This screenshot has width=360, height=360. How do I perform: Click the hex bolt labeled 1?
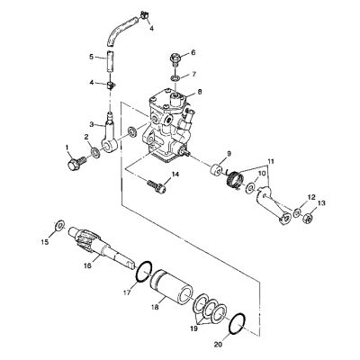(x=76, y=163)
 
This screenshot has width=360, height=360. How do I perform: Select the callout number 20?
(x=218, y=345)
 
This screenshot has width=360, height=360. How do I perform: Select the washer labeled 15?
(x=59, y=224)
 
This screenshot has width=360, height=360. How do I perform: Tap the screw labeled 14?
(x=156, y=186)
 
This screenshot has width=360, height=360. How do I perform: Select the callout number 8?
(x=200, y=92)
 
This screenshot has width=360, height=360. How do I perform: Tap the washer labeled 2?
(x=95, y=151)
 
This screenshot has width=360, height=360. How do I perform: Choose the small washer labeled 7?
(x=175, y=78)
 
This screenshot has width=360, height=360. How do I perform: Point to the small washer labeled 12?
(x=297, y=213)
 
